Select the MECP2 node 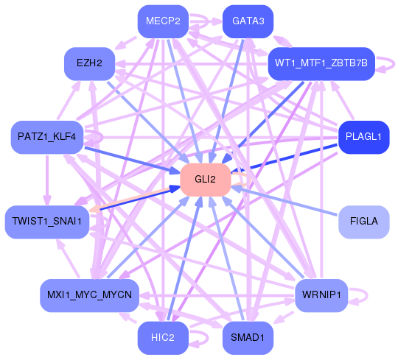(x=163, y=21)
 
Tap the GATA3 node (x=248, y=21)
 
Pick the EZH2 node (x=88, y=63)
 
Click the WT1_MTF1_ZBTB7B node (x=322, y=63)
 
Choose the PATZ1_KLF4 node (x=46, y=138)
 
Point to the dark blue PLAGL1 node (x=363, y=138)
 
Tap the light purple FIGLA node (x=363, y=222)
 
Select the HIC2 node (x=161, y=338)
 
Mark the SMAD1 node (x=248, y=338)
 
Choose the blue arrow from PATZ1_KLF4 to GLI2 (x=133, y=159)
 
